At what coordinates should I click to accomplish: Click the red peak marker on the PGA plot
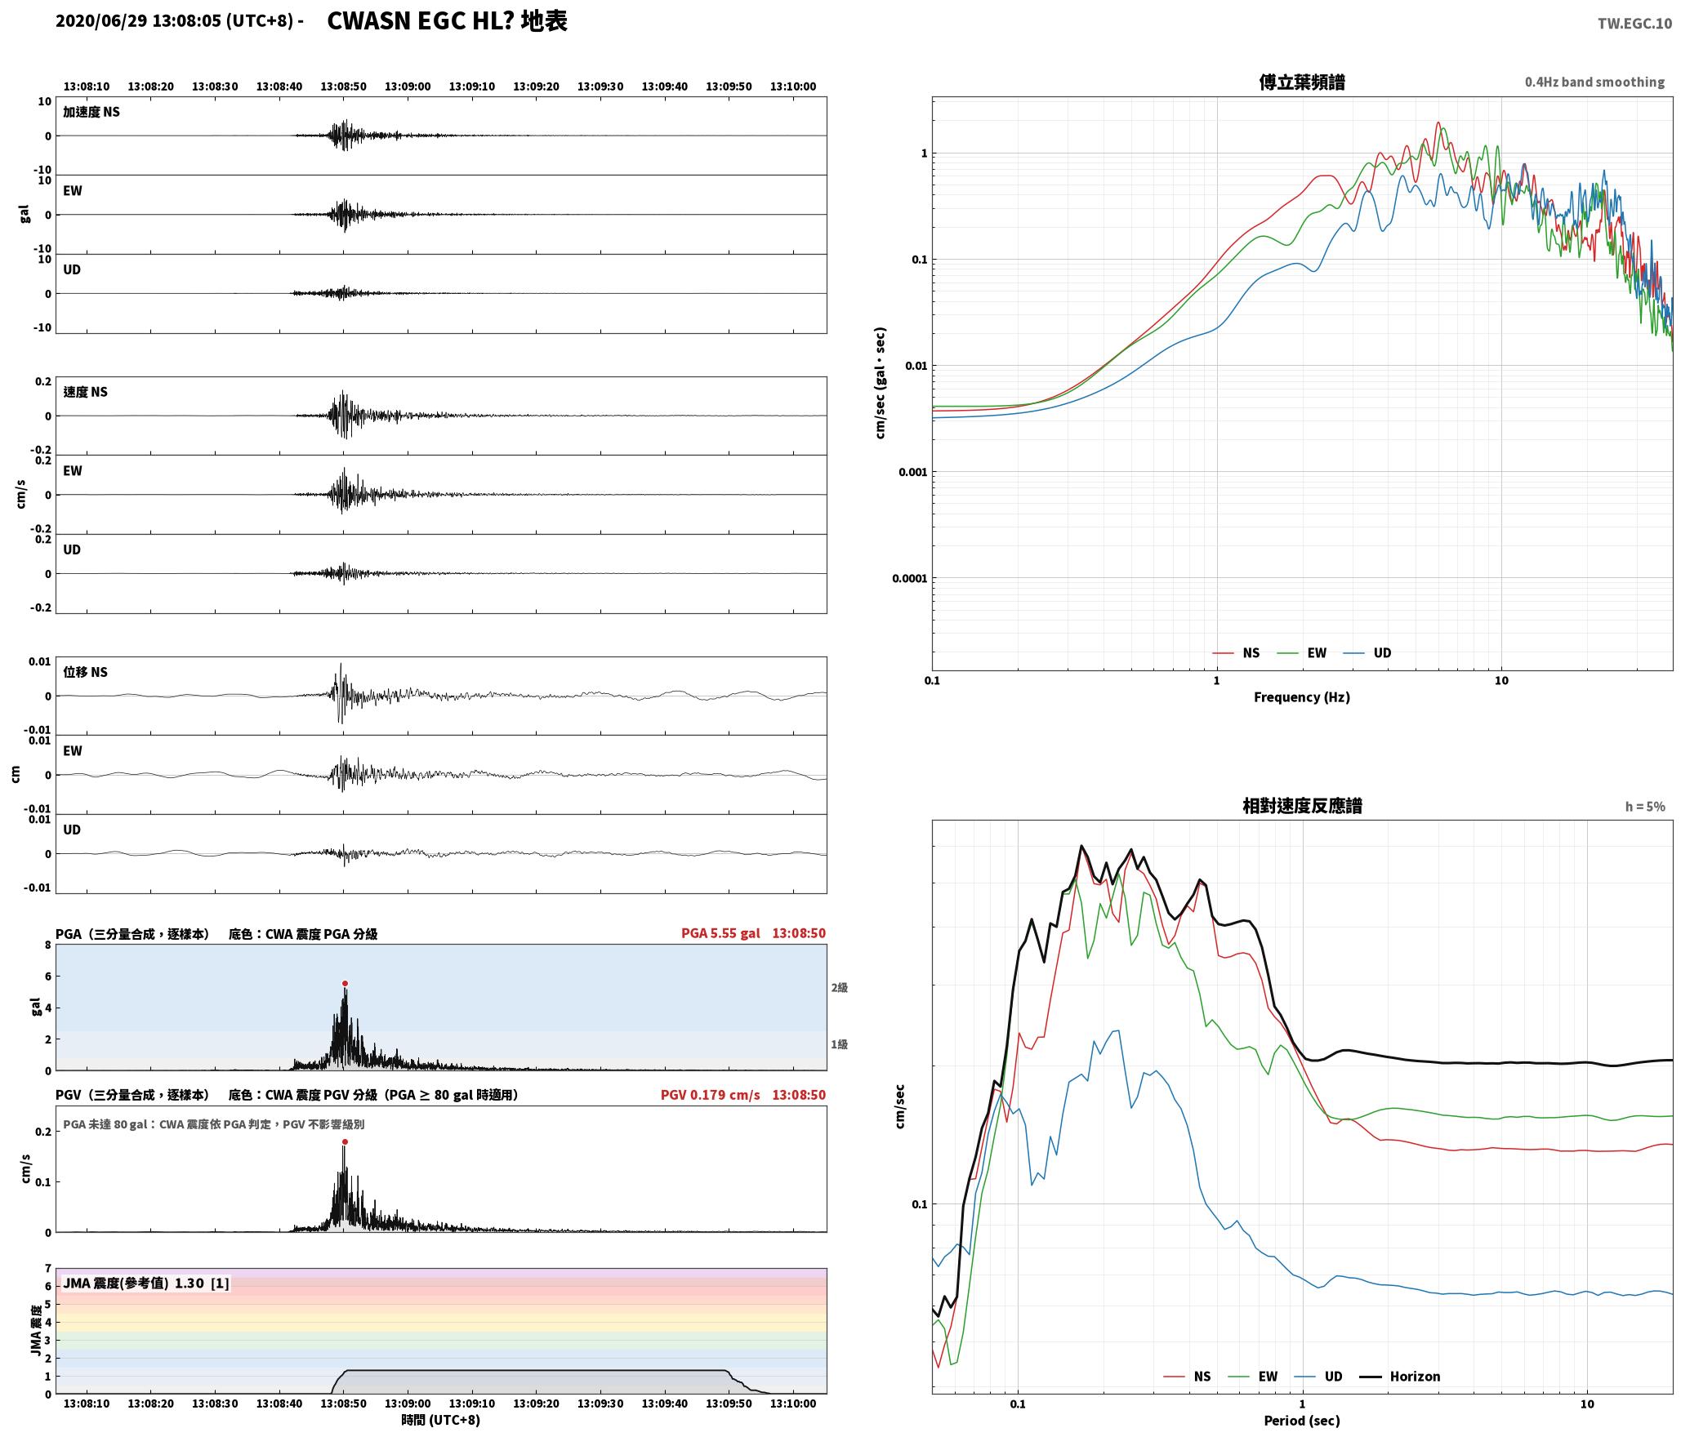345,984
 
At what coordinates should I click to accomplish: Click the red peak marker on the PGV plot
345,1142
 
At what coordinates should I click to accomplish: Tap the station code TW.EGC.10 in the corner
1634,24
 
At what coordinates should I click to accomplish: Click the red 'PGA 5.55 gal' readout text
720,933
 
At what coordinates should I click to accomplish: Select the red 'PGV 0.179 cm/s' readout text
710,1095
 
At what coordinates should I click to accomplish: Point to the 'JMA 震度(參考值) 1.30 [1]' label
146,1284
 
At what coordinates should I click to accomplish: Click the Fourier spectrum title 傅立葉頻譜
1302,82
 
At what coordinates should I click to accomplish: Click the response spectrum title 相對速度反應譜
1302,806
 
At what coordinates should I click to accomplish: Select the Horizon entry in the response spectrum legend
1400,1377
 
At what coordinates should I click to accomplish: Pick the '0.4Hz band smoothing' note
1594,82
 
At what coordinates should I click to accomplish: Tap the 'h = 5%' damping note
1645,807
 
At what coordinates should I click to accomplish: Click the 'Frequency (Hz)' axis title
1302,697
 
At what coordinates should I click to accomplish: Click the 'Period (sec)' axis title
1302,1421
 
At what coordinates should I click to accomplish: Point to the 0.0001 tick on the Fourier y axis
909,579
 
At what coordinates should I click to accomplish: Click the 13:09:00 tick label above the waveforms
408,87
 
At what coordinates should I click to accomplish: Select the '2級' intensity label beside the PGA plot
840,988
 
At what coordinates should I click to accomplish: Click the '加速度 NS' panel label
91,113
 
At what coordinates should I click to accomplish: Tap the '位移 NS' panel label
86,673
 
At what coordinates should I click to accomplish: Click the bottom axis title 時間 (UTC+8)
441,1421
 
